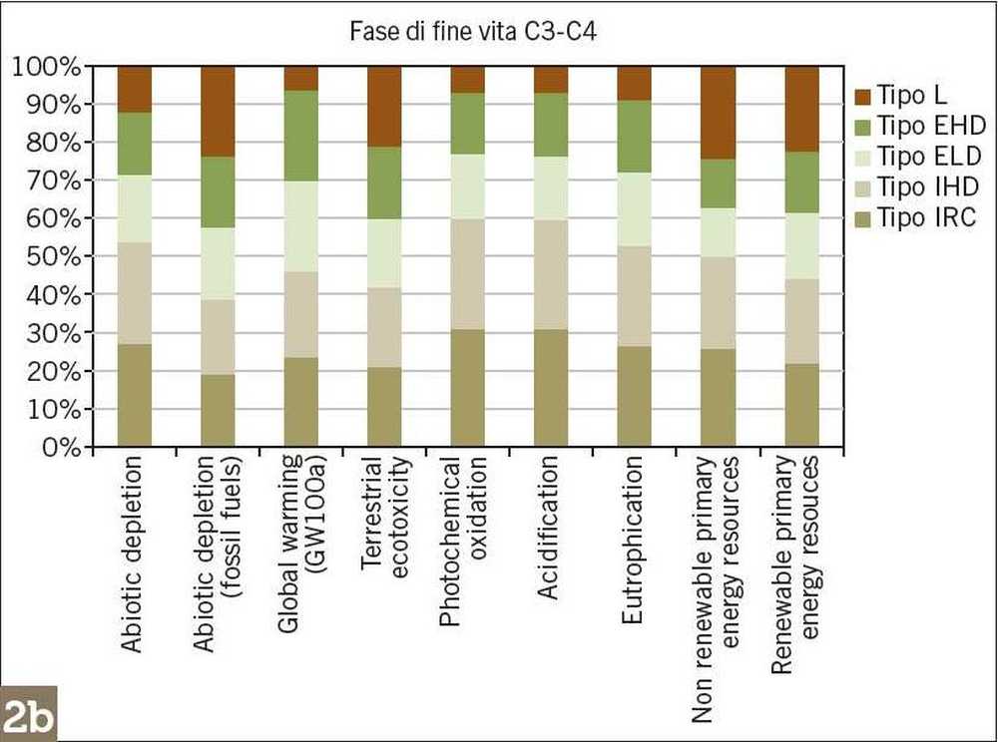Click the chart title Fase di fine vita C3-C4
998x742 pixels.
474,32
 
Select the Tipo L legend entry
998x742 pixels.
915,96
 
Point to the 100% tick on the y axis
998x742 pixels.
45,68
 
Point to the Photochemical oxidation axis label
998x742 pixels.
464,543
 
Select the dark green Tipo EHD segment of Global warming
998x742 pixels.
301,136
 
